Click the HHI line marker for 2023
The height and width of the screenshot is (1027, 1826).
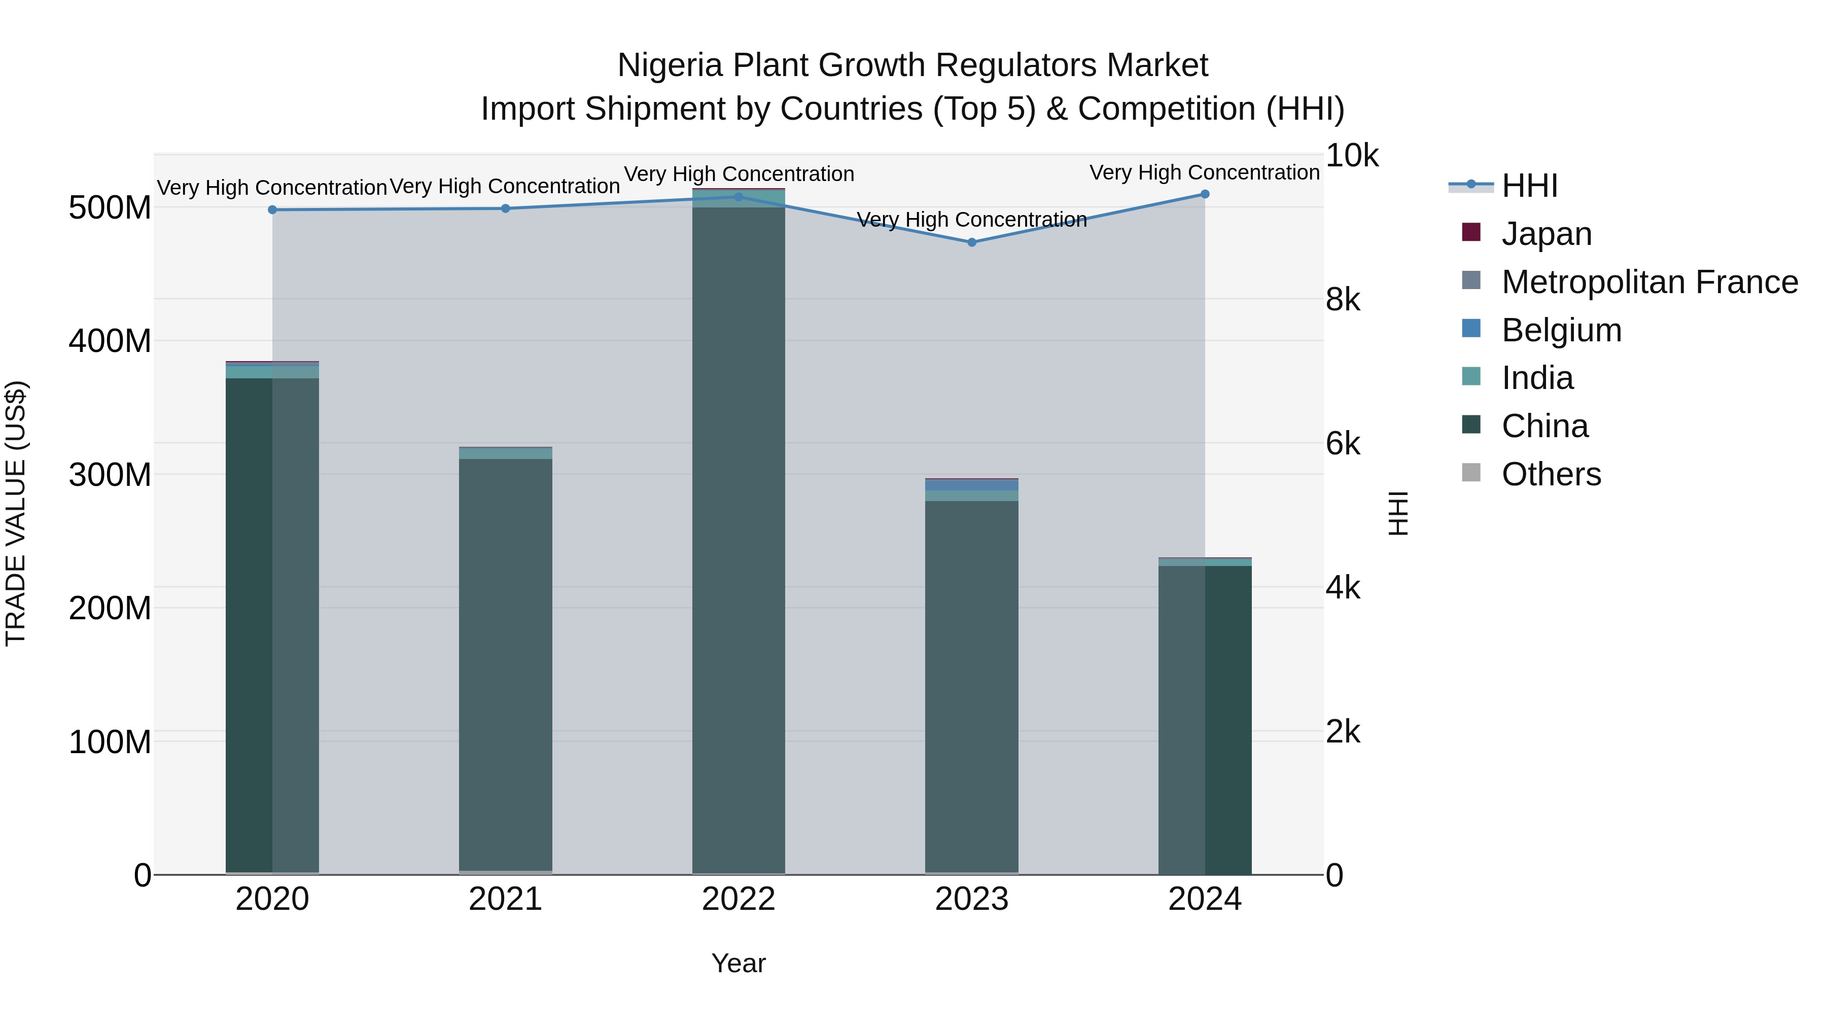[972, 242]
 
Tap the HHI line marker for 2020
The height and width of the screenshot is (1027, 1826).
[272, 210]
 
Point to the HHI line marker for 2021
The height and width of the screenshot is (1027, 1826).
[505, 208]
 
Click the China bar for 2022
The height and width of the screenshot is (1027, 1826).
[739, 539]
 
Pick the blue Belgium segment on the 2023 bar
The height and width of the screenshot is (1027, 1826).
[972, 485]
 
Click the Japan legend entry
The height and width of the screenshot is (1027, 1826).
[1546, 234]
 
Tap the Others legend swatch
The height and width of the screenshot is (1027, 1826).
[1471, 473]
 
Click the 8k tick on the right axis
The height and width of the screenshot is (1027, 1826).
[1343, 300]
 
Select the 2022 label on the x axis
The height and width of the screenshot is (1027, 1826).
[739, 899]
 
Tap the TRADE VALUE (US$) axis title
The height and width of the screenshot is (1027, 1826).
[16, 513]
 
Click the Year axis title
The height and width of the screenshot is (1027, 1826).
[739, 963]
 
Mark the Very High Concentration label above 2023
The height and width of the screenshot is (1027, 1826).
[972, 220]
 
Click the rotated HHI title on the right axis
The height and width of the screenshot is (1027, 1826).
[1397, 513]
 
